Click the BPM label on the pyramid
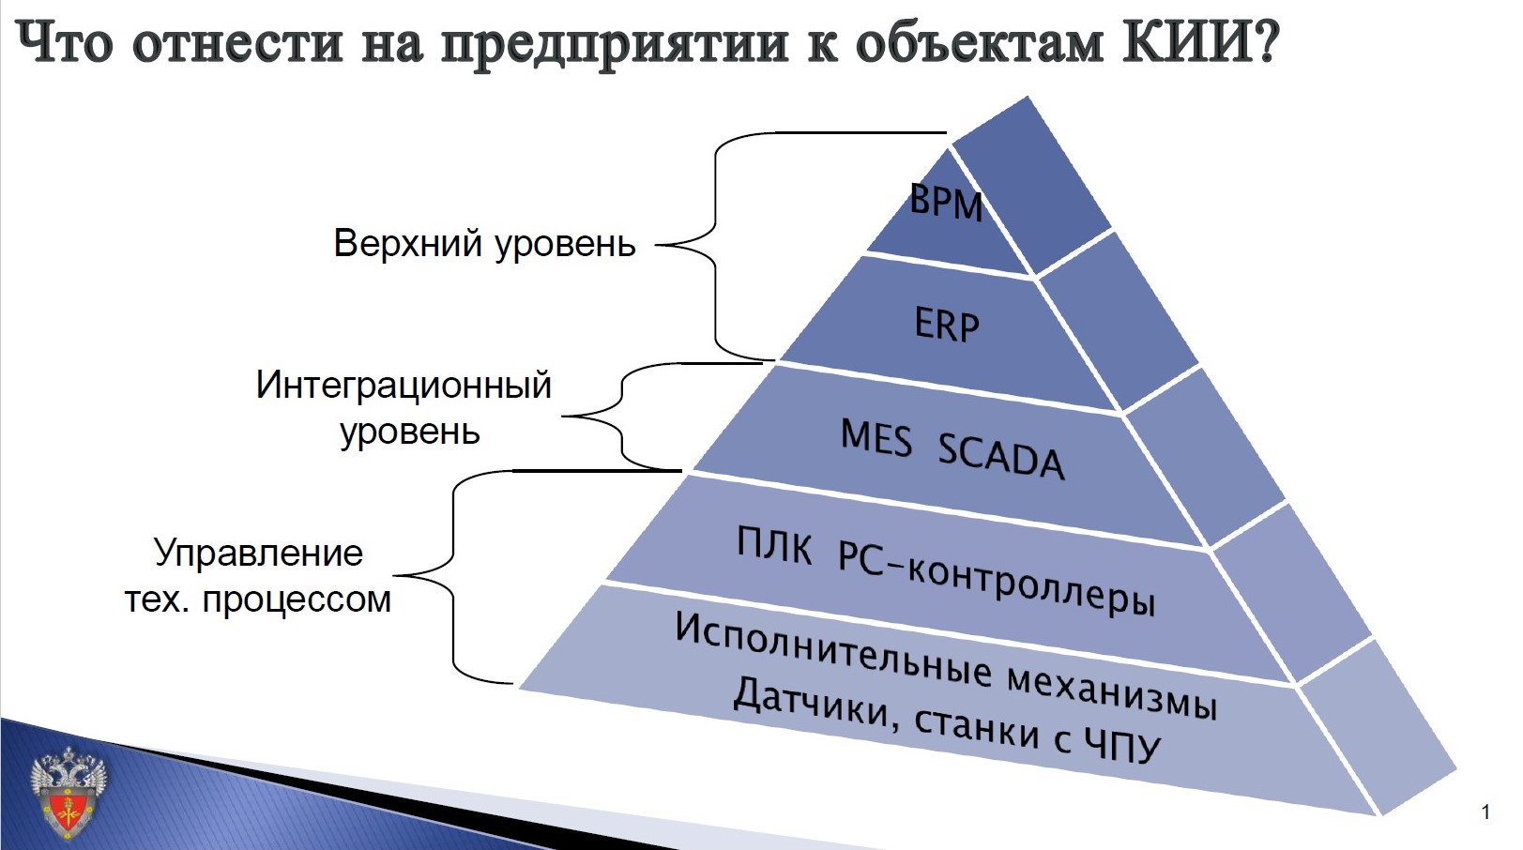(x=946, y=203)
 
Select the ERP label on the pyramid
(x=947, y=325)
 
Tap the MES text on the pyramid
(x=876, y=438)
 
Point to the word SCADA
(x=1001, y=457)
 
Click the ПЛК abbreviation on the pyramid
(x=774, y=544)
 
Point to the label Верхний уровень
(x=484, y=244)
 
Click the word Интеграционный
(x=404, y=385)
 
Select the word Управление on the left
(x=258, y=553)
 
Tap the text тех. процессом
(x=258, y=600)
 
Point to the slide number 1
(x=1485, y=812)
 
